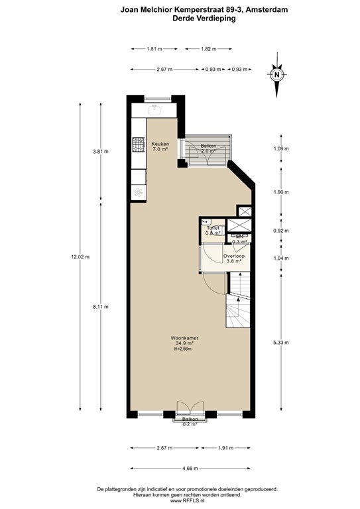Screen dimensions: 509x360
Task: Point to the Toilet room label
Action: [212, 228]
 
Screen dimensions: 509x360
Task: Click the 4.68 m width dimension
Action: [190, 468]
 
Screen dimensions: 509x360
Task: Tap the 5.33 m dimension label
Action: [282, 343]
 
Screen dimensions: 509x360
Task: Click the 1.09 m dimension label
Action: [282, 148]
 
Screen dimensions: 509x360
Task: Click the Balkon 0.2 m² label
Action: [190, 422]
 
